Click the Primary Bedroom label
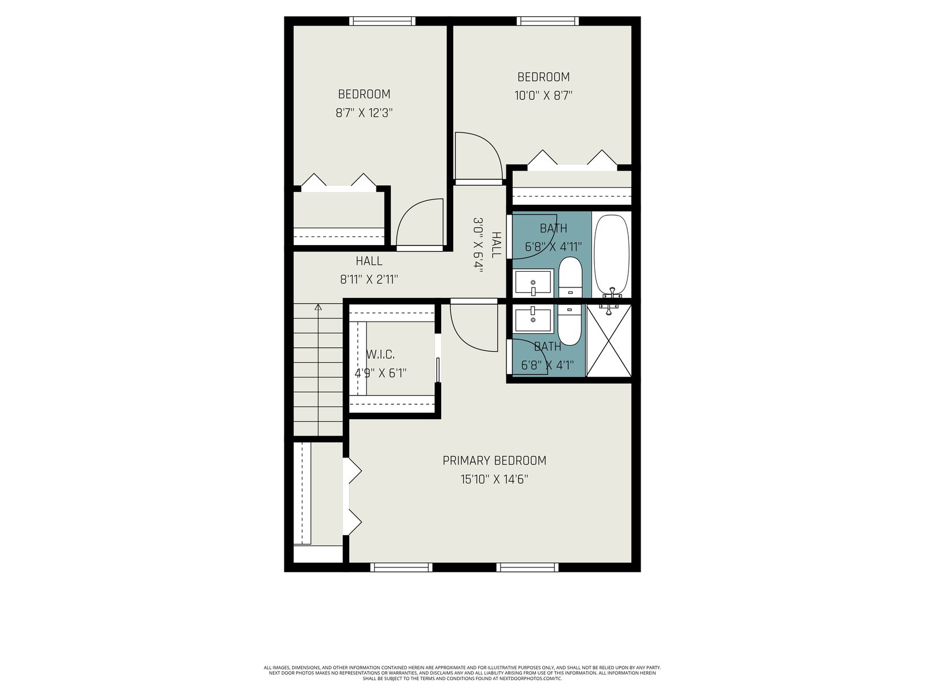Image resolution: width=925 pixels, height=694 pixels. [494, 460]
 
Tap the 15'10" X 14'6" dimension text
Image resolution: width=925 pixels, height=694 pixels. [494, 479]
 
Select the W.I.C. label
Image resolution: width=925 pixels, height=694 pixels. [380, 355]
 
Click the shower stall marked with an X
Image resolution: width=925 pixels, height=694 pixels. [609, 341]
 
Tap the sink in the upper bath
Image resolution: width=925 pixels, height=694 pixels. [533, 282]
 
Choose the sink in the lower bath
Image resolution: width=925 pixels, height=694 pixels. [533, 320]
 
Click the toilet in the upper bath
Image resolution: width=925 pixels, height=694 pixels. [570, 277]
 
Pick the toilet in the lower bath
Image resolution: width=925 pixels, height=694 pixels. [570, 325]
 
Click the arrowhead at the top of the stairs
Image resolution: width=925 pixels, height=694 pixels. [318, 307]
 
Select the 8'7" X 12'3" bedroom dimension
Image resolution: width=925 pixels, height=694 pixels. [364, 113]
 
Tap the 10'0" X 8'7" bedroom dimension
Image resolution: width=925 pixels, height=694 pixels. [543, 95]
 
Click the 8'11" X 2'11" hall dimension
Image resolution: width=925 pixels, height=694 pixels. [369, 279]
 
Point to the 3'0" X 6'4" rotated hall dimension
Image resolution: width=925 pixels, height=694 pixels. [478, 245]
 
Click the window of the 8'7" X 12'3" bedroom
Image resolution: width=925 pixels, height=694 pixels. [382, 21]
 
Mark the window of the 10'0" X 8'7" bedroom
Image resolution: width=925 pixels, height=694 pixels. [548, 21]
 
